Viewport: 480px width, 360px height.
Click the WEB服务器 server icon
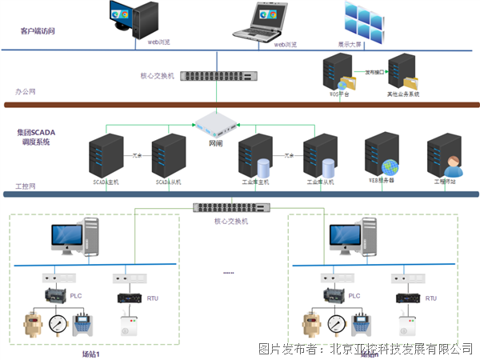(382, 155)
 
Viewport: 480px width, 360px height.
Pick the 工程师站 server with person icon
(445, 156)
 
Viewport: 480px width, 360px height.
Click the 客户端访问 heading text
(37, 31)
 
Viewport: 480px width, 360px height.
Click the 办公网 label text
(25, 92)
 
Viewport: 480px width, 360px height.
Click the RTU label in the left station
(153, 298)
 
